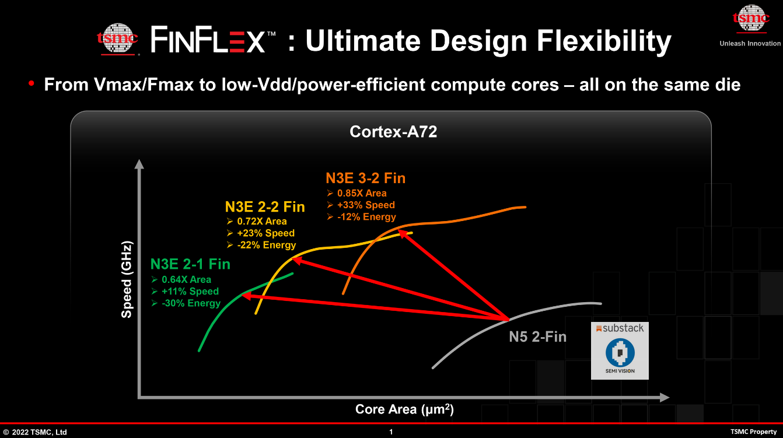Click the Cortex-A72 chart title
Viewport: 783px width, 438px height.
click(x=393, y=132)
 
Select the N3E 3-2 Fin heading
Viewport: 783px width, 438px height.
click(x=365, y=178)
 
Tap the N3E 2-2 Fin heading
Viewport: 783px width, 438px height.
click(x=265, y=207)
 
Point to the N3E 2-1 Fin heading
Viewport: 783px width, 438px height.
click(x=190, y=264)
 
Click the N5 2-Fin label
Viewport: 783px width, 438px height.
click(x=537, y=337)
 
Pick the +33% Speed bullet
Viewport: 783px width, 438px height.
click(x=366, y=205)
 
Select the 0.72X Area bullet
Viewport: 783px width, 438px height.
click(x=262, y=222)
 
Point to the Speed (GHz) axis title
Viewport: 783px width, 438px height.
click(x=127, y=279)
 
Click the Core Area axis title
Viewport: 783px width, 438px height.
click(x=404, y=409)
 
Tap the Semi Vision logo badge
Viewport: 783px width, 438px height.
click(x=620, y=357)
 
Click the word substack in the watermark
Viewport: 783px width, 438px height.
click(x=623, y=328)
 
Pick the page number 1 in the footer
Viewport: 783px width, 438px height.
click(x=391, y=432)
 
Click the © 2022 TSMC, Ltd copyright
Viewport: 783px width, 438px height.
click(x=35, y=432)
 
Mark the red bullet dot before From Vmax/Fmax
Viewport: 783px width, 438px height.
click(x=32, y=85)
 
